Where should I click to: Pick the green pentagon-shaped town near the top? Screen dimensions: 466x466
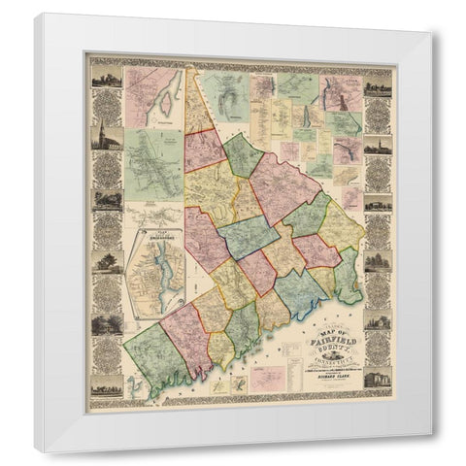pos(243,155)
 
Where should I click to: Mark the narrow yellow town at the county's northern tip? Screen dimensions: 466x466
pos(198,107)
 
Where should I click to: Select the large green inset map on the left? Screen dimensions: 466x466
pos(152,165)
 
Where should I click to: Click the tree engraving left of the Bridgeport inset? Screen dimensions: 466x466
pos(106,262)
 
